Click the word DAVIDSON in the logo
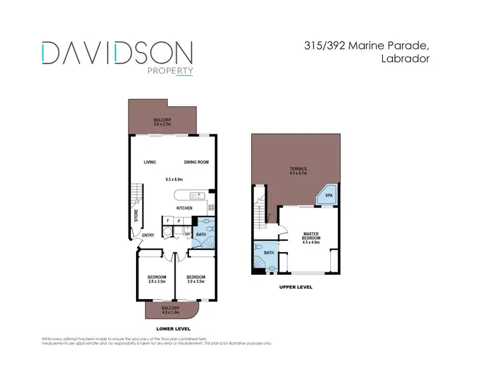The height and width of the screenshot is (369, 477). point(118,52)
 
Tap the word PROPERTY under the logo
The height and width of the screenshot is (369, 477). point(170,71)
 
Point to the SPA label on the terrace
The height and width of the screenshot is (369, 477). point(329,196)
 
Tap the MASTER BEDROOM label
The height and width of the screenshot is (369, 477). point(311,237)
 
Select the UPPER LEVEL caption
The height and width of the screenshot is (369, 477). point(296,288)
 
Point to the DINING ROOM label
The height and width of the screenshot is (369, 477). point(197,162)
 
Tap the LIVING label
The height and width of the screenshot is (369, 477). point(149,162)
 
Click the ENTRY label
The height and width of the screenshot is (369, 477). point(148,235)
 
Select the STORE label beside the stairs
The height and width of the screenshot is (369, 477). point(136,216)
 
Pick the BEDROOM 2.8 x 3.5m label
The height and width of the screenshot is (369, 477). point(156,279)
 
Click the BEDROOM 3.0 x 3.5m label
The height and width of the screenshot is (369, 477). point(195,279)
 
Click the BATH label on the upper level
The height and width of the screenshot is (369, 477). point(268,253)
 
